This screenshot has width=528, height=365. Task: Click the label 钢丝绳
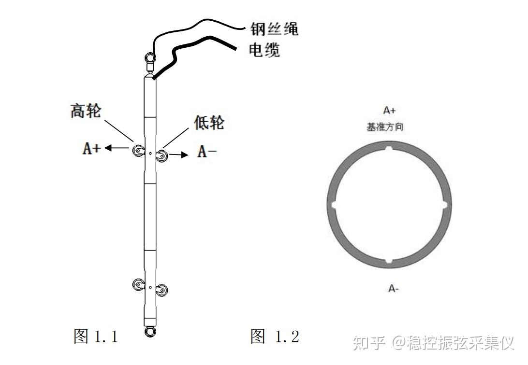click(274, 28)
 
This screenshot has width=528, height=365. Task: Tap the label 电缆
click(264, 50)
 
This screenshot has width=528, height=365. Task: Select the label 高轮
click(86, 111)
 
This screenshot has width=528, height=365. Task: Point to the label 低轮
click(209, 123)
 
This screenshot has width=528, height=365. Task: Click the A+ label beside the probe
click(92, 149)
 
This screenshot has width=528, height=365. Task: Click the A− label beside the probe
click(207, 152)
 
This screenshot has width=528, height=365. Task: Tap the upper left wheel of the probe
click(139, 152)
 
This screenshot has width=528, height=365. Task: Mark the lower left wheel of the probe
click(139, 285)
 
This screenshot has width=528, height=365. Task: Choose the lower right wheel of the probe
click(163, 290)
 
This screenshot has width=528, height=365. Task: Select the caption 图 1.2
click(275, 336)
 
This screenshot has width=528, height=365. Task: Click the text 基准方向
click(385, 127)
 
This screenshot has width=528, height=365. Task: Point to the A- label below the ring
click(393, 289)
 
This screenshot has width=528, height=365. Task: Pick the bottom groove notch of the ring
click(389, 261)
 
